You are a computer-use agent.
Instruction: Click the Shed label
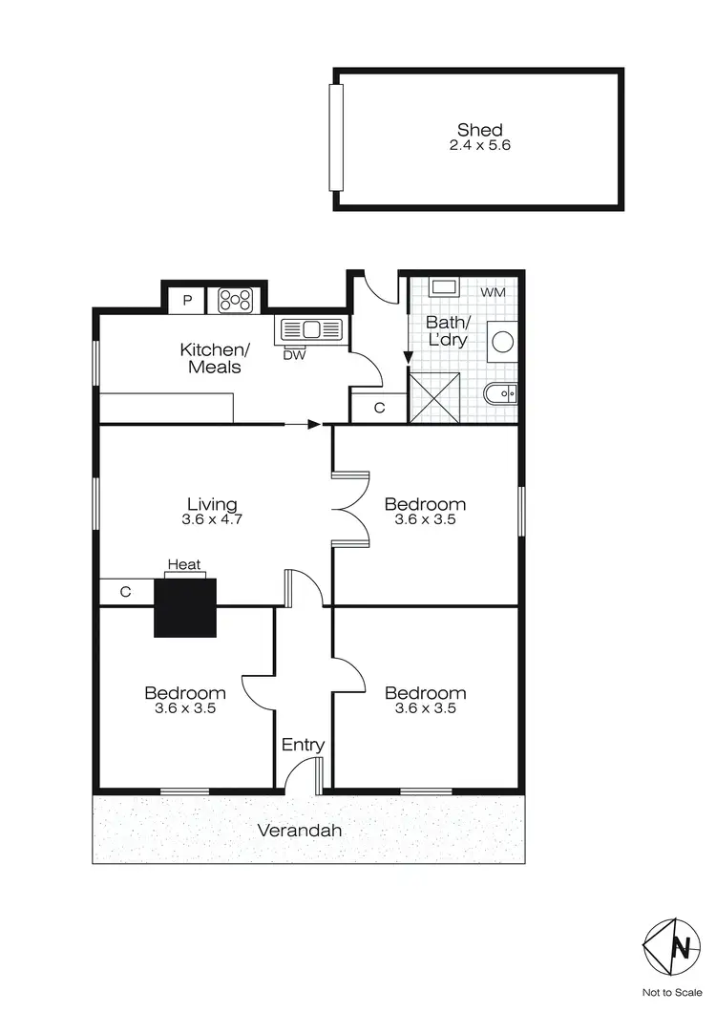tap(479, 130)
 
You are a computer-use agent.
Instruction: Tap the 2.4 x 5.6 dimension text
tap(479, 146)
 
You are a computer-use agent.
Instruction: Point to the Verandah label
tap(300, 831)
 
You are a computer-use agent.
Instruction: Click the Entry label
tap(303, 745)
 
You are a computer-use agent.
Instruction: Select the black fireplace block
tap(185, 606)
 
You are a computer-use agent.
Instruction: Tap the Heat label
tap(184, 565)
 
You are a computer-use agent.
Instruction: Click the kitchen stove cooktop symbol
tap(236, 301)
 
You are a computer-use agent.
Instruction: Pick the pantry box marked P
tap(188, 301)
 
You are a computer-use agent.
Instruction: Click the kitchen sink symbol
tap(309, 330)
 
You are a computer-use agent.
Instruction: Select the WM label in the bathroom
tap(493, 291)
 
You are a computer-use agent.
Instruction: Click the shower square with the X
tap(434, 397)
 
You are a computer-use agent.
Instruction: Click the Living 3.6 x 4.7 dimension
tap(211, 520)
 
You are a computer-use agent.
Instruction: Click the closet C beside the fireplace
tap(126, 592)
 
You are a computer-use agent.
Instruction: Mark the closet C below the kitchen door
tap(378, 408)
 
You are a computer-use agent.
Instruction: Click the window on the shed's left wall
tap(335, 138)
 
